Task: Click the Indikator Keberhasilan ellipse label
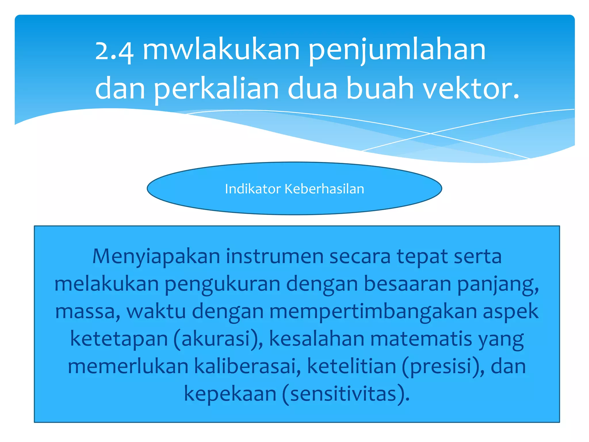(294, 189)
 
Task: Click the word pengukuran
(222, 284)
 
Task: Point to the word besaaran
(407, 284)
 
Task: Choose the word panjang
(498, 284)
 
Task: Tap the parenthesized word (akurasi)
(218, 339)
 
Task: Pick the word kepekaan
(230, 394)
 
